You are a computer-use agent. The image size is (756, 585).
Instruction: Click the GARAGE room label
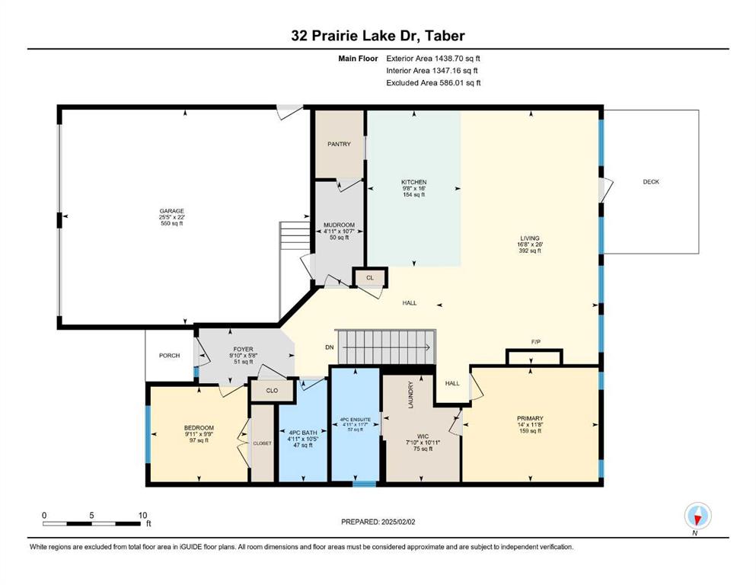(172, 211)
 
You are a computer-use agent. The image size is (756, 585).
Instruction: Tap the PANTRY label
(339, 144)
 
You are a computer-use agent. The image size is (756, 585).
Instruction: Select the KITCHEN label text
(413, 182)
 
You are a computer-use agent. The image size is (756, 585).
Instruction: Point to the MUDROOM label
(339, 225)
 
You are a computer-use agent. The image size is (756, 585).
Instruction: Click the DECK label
(651, 182)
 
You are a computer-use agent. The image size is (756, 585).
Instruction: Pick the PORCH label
(169, 356)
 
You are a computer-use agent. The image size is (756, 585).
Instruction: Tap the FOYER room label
(243, 349)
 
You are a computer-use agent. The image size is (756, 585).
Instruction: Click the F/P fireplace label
(536, 342)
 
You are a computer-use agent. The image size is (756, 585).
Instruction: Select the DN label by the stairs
(330, 347)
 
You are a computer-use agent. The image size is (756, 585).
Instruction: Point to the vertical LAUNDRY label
(411, 395)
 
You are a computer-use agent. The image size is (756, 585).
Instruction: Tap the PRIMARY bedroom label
(530, 418)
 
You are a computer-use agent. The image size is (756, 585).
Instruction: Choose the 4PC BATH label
(303, 433)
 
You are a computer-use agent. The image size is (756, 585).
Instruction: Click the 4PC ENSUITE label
(356, 420)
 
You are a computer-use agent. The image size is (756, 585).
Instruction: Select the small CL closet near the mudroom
(370, 278)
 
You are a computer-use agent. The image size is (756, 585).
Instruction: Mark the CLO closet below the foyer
(272, 390)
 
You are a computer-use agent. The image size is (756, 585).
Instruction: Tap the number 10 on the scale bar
(142, 515)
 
